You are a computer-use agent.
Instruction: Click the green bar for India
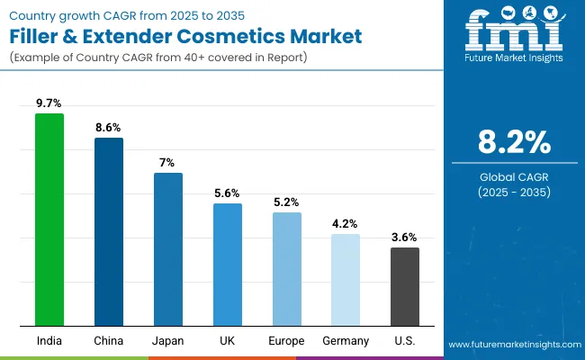(x=49, y=220)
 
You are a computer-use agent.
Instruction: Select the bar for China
(x=109, y=231)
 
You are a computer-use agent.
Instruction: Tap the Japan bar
(x=168, y=249)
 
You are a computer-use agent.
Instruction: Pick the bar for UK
(x=227, y=265)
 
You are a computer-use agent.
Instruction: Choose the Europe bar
(x=287, y=269)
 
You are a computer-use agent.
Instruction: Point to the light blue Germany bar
(x=346, y=280)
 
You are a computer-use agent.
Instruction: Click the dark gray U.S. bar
(x=405, y=286)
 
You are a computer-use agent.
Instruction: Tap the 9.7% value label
(x=49, y=104)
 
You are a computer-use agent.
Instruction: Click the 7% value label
(x=168, y=163)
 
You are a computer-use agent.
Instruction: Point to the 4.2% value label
(x=346, y=224)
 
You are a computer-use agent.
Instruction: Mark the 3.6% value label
(x=405, y=238)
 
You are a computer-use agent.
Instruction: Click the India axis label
(x=49, y=340)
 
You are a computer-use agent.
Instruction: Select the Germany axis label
(x=346, y=340)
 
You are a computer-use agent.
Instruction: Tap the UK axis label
(x=227, y=340)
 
